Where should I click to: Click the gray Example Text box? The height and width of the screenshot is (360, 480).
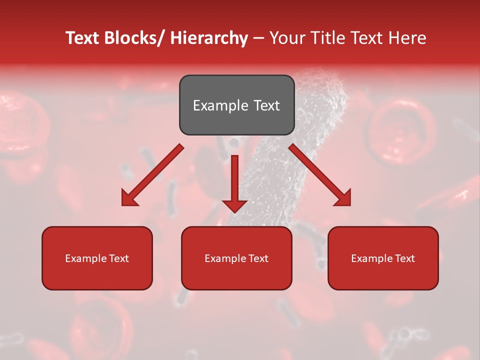236,105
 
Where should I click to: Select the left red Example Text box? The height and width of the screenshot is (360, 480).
97,258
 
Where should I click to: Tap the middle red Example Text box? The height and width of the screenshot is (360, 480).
236,258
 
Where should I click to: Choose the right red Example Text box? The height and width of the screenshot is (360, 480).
383,258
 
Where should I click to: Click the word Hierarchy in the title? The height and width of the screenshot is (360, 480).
209,38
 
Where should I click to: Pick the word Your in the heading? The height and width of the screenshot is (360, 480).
287,38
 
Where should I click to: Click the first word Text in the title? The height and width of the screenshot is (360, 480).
82,38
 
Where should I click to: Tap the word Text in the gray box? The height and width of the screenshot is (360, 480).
265,105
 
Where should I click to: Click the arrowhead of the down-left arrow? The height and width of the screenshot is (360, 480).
129,198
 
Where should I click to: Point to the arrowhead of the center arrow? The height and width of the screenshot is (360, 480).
234,205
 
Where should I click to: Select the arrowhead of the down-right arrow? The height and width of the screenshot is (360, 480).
343,198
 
